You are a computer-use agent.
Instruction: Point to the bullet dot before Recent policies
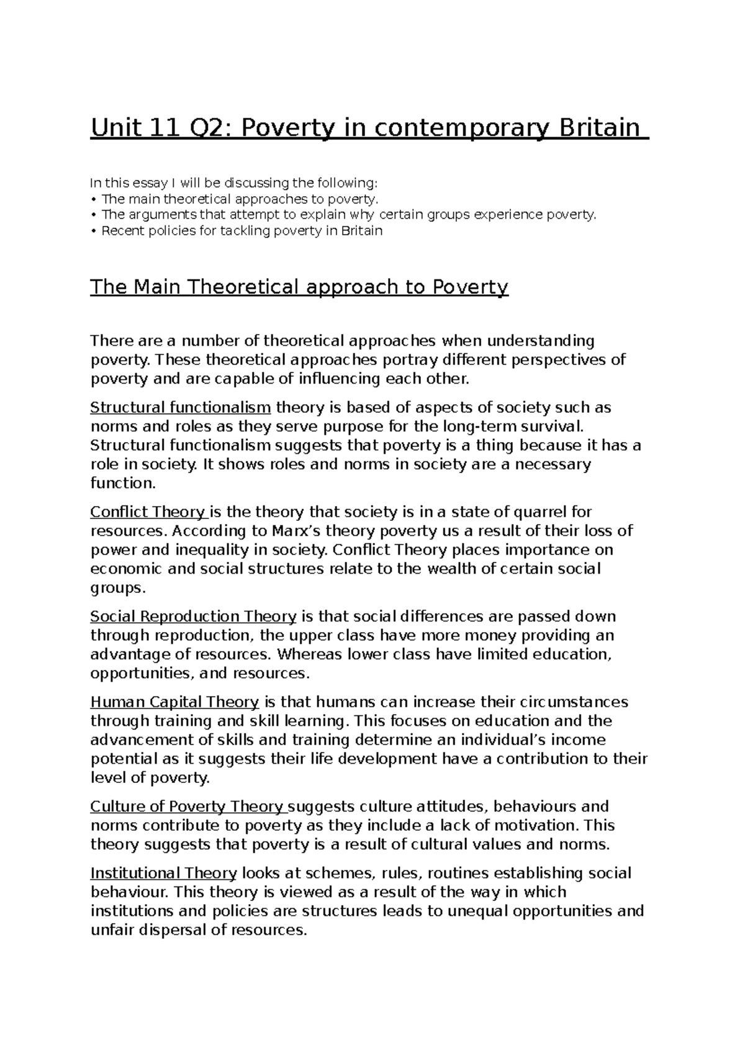pyautogui.click(x=93, y=232)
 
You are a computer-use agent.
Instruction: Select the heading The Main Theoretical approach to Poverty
pyautogui.click(x=299, y=287)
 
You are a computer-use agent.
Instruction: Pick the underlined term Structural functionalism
pyautogui.click(x=181, y=408)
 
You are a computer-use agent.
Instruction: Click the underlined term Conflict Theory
pyautogui.click(x=148, y=512)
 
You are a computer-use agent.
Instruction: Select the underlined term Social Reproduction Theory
pyautogui.click(x=193, y=617)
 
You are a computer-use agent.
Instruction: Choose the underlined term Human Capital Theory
pyautogui.click(x=174, y=702)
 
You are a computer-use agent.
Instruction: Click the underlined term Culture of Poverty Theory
pyautogui.click(x=187, y=807)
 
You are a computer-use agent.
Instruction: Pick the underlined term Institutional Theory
pyautogui.click(x=163, y=874)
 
